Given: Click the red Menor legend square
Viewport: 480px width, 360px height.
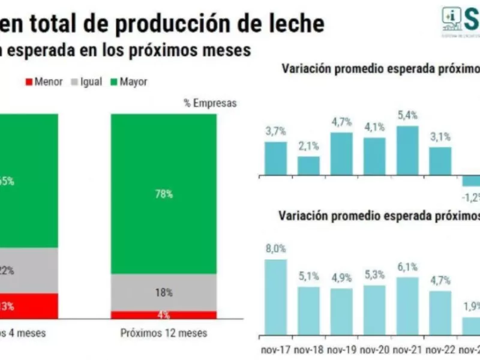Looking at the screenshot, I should [28, 82].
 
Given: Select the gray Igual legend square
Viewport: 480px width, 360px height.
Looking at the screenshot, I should [74, 82].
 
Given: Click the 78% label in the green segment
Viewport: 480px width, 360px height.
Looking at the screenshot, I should [164, 194].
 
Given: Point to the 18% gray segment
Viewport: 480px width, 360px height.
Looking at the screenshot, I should [164, 293].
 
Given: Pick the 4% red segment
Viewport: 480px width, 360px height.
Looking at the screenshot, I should [164, 315].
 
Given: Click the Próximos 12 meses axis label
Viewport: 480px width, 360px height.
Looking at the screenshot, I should [164, 332].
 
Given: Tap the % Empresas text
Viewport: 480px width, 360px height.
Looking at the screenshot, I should [210, 103].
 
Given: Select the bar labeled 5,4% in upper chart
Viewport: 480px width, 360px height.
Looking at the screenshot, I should [407, 151].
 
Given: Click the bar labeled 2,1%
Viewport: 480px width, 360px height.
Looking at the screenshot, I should [308, 166].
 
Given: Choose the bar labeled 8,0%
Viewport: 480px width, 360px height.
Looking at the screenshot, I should [275, 296].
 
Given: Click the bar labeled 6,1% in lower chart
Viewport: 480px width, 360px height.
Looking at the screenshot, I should [407, 305].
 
